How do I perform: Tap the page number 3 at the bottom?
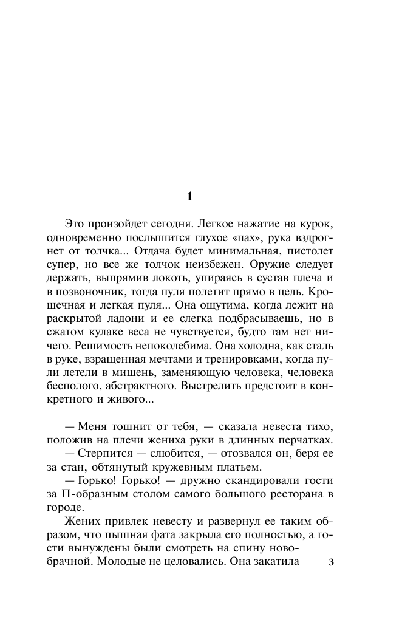[x=331, y=562]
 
